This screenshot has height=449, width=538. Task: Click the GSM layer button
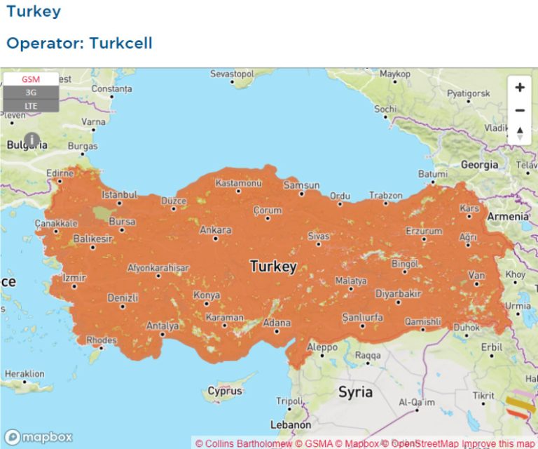point(30,79)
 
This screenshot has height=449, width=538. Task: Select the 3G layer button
point(30,93)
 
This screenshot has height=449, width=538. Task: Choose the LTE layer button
point(30,106)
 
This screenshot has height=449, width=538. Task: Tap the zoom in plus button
point(520,88)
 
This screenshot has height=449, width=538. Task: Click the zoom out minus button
point(520,110)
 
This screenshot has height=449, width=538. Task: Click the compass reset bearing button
point(520,133)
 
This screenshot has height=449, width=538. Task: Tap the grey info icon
point(32,140)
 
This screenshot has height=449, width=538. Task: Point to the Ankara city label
point(215,229)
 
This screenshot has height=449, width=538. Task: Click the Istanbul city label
point(120,194)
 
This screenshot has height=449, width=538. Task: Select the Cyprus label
point(225,391)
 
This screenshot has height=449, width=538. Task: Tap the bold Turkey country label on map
point(273,267)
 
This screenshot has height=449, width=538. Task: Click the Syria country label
point(355,391)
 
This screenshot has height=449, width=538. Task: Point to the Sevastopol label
point(232,74)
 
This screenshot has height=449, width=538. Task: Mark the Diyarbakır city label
point(398,293)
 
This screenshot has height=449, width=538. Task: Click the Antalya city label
point(162,326)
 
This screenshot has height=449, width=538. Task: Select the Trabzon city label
point(386,195)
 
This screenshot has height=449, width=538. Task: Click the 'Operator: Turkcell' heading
point(79,43)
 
